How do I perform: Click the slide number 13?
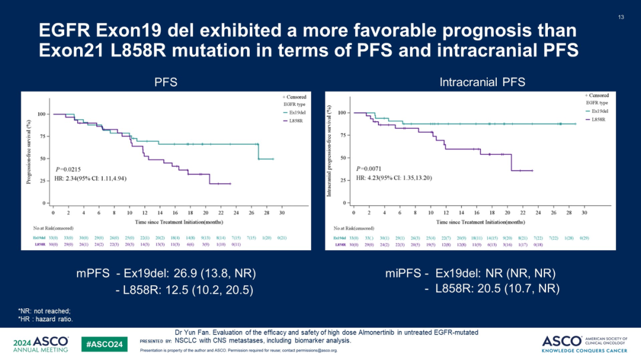[621, 17]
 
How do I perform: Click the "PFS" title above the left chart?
[166, 82]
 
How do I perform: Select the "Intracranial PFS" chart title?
[482, 82]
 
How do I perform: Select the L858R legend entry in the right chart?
[594, 119]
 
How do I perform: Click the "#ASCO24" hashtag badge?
[104, 343]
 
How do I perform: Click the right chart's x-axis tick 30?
[584, 212]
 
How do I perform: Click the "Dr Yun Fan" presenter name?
[193, 332]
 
